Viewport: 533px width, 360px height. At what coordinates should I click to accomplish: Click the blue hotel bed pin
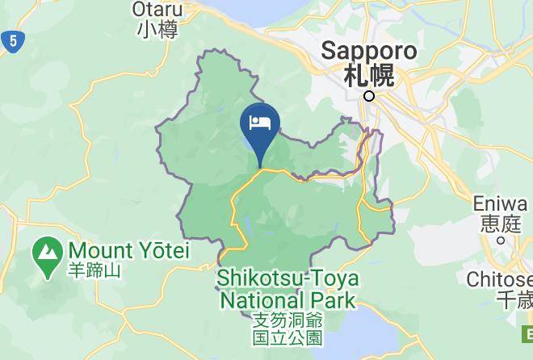(260, 128)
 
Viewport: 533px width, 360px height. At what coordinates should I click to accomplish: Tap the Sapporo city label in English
(369, 51)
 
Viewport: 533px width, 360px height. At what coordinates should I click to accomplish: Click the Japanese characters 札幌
(369, 76)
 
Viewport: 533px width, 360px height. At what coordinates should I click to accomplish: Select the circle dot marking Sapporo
(369, 96)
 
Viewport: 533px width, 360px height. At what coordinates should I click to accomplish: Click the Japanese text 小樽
(157, 30)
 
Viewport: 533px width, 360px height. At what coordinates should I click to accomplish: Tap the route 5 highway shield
(10, 41)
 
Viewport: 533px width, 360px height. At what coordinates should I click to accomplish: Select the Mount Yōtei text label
(129, 251)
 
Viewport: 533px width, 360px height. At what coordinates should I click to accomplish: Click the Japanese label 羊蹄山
(95, 270)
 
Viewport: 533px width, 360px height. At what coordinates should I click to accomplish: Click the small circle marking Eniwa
(501, 240)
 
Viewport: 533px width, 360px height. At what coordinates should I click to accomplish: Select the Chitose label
(500, 279)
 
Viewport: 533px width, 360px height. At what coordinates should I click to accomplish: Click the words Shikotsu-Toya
(287, 279)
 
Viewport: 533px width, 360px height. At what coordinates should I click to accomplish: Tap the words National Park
(287, 301)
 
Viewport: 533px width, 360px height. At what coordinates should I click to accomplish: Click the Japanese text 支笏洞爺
(287, 320)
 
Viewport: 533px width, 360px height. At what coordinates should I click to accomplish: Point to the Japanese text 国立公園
(287, 337)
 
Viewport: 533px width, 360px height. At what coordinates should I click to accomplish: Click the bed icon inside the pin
(260, 123)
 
